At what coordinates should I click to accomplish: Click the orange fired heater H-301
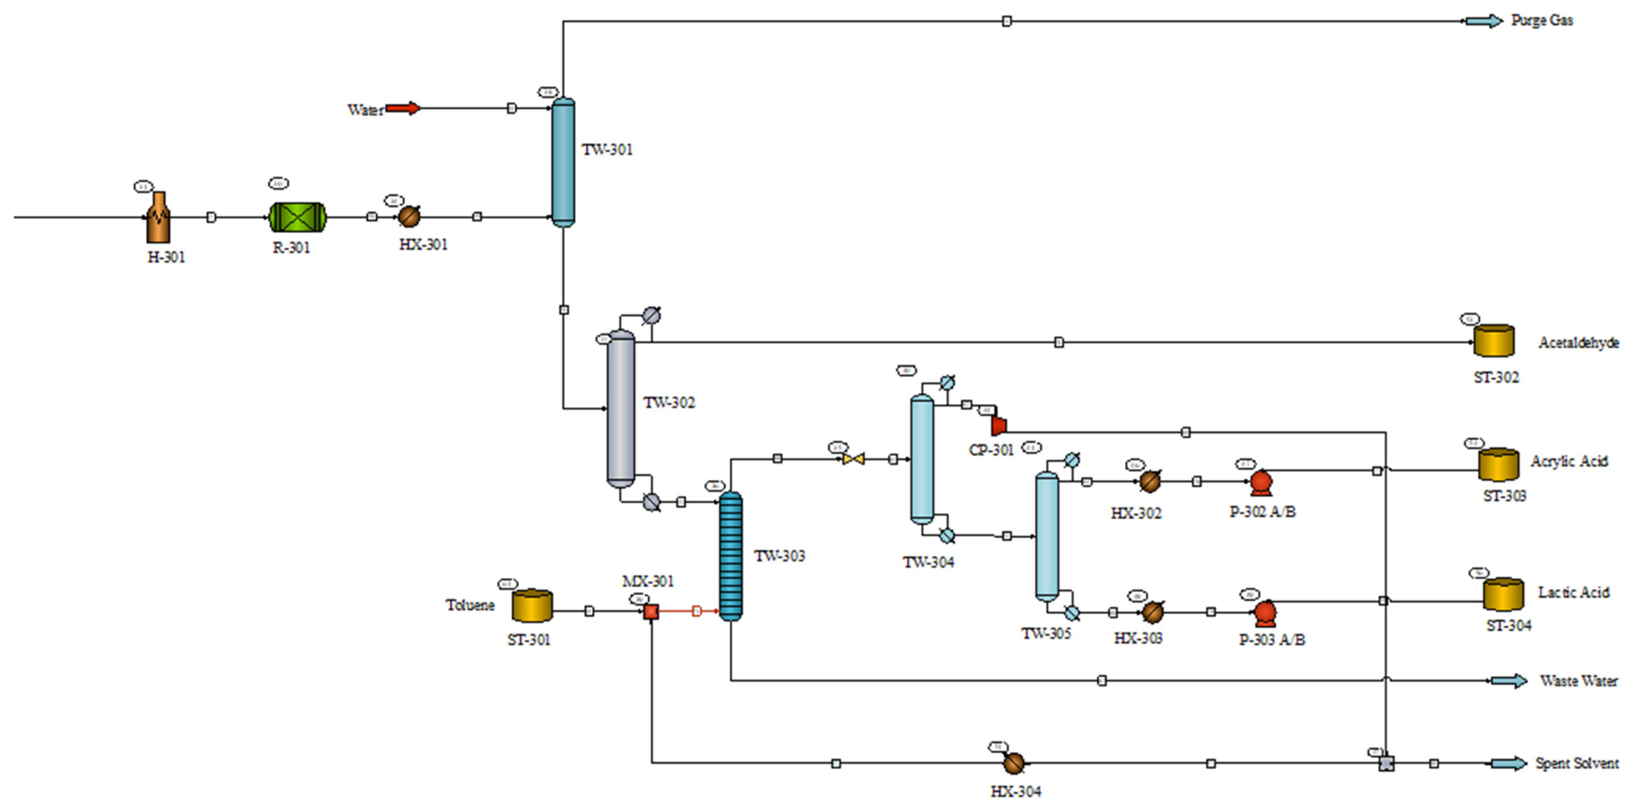point(158,218)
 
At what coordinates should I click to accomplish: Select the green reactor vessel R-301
point(298,217)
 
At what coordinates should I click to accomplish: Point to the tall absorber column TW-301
point(563,161)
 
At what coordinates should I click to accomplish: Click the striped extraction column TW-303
point(731,555)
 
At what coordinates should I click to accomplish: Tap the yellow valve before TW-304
point(853,459)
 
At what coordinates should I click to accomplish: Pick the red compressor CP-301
point(998,425)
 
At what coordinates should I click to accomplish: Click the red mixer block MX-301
point(651,611)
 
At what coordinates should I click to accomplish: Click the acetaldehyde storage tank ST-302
point(1494,341)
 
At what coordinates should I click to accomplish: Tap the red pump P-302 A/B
point(1261,483)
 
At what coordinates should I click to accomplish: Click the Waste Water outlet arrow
point(1509,681)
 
